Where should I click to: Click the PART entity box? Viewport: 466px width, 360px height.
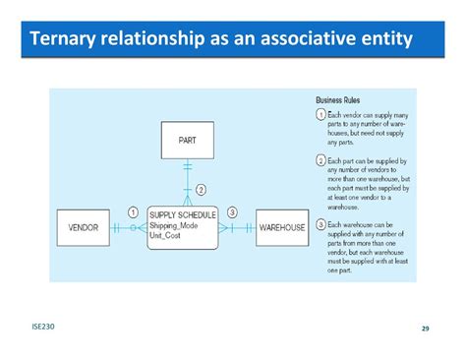pos(187,141)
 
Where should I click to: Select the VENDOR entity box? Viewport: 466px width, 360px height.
pos(83,227)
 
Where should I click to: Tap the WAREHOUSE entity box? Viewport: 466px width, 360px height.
pos(282,227)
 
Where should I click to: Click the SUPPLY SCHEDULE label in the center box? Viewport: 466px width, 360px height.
pos(183,214)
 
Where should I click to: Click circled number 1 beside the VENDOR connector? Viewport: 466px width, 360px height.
pos(133,211)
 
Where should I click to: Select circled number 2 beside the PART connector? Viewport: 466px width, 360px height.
pos(201,189)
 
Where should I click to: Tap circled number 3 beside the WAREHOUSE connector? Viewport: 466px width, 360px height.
pos(232,211)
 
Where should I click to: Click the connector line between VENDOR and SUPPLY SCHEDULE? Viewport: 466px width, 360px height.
pos(128,227)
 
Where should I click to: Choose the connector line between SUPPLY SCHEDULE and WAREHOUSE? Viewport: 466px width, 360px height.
pos(236,227)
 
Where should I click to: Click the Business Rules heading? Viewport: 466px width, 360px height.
pos(337,100)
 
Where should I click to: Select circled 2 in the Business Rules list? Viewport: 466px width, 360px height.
pos(320,159)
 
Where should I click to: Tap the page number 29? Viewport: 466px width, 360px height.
pos(426,328)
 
